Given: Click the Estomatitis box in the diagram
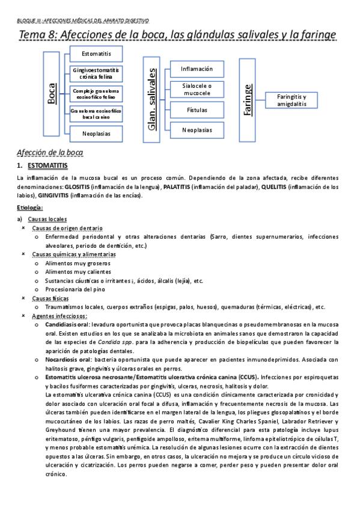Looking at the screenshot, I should point(96,55).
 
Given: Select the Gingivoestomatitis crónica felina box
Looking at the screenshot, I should point(96,74).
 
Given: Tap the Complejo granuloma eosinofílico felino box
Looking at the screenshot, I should point(96,93).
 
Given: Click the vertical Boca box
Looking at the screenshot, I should point(52,94).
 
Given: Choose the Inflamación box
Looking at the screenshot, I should point(197,69).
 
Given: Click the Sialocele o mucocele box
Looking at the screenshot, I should point(197,89).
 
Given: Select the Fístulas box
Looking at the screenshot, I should point(197,109).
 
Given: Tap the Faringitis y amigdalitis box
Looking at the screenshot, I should point(291,100).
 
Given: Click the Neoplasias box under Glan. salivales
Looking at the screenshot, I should point(197,129).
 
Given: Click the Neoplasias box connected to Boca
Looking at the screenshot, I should point(96,134).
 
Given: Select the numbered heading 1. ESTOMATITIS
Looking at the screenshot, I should point(46,165).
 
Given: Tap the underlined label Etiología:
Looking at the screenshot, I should point(30,207).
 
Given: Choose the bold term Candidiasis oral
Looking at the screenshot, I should point(68,324).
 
